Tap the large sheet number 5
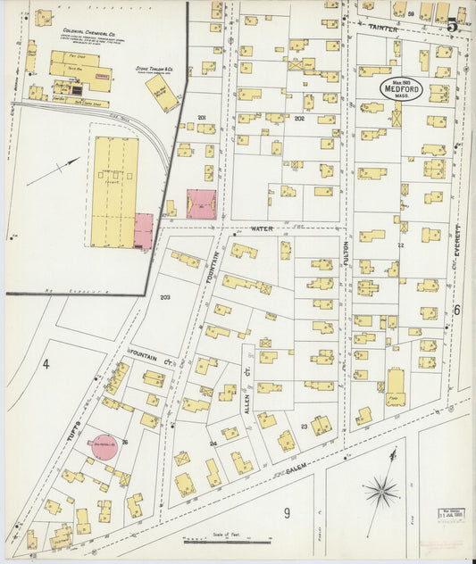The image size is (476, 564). [454, 25]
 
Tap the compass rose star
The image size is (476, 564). [381, 490]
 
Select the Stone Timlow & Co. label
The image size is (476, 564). [154, 67]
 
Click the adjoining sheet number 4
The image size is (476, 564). [45, 363]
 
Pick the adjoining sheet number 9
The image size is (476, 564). [288, 511]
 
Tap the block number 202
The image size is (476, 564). [299, 118]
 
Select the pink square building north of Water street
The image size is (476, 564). [200, 204]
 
